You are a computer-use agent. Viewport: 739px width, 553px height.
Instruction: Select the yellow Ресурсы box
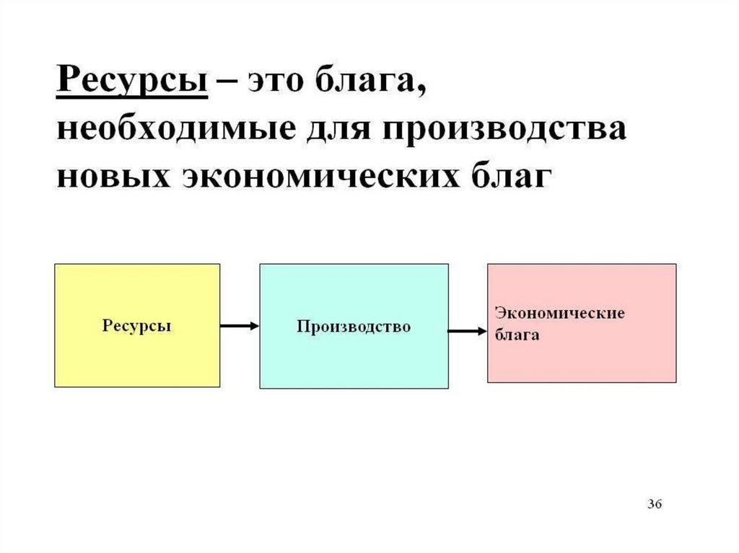pyautogui.click(x=137, y=353)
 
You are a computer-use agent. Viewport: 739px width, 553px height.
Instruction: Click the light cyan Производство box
pyautogui.click(x=354, y=360)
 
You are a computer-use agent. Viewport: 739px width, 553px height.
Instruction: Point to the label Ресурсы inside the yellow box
pyautogui.click(x=137, y=326)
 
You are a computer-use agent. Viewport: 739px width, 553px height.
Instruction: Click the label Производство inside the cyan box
pyautogui.click(x=354, y=327)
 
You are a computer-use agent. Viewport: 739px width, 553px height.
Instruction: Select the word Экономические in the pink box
pyautogui.click(x=559, y=313)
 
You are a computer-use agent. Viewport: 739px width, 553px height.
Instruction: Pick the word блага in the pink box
pyautogui.click(x=517, y=335)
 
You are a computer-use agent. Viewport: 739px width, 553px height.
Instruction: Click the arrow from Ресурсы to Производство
pyautogui.click(x=239, y=327)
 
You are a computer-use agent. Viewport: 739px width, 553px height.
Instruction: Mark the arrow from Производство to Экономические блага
pyautogui.click(x=467, y=332)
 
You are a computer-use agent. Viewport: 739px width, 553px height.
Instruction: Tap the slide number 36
pyautogui.click(x=654, y=503)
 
